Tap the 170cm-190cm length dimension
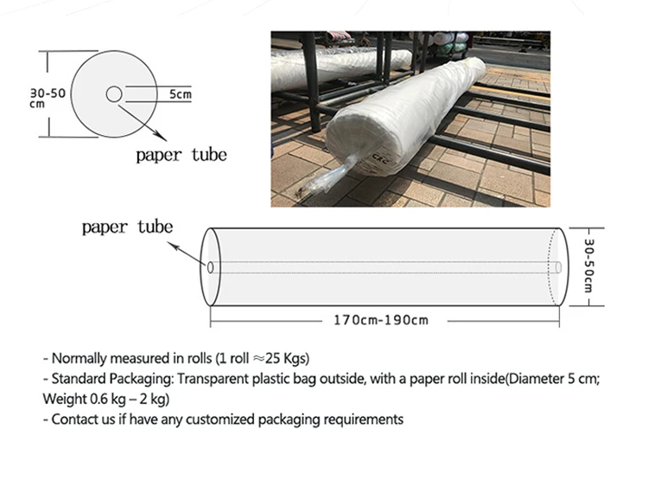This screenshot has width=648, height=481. click(x=381, y=320)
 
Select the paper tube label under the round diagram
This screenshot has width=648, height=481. click(x=181, y=156)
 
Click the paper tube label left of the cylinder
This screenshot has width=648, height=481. click(x=127, y=228)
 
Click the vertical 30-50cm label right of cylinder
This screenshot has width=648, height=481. click(x=588, y=266)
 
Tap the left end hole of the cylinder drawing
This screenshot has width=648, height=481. click(x=210, y=266)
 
